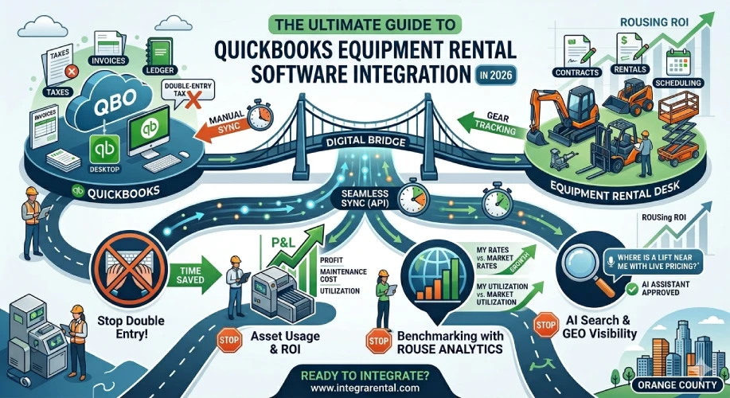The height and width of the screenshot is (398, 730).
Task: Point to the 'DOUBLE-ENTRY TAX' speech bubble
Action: [x=185, y=95]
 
